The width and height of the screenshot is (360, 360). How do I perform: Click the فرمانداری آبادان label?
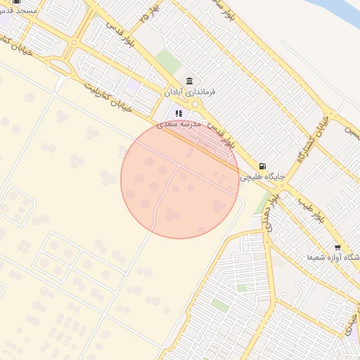[x=189, y=92]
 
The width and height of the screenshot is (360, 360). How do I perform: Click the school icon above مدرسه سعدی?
[x=179, y=112]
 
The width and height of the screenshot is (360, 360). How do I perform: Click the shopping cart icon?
[x=337, y=247]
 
